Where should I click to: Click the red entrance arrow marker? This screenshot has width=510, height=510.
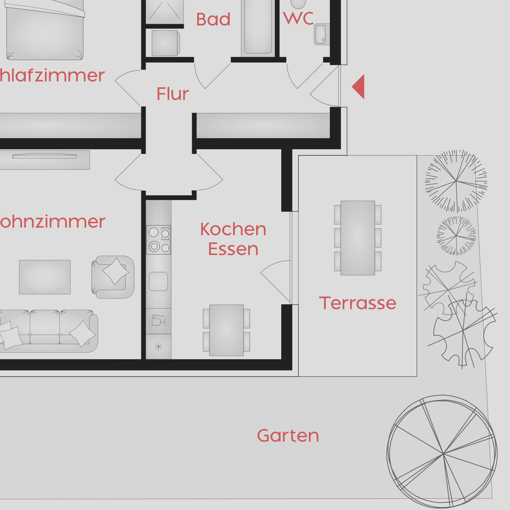(359, 87)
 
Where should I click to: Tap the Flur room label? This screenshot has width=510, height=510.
(173, 94)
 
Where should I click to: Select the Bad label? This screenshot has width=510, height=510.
(213, 19)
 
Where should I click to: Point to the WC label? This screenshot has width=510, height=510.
(299, 18)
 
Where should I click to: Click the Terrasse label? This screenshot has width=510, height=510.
(358, 303)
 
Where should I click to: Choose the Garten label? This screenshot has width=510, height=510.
(288, 436)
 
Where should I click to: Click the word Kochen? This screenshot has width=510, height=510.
(233, 229)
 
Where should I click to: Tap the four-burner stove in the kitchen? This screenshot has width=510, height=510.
(159, 240)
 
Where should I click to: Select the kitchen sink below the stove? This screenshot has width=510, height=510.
(159, 281)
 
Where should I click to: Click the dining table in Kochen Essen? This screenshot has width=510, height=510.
(227, 330)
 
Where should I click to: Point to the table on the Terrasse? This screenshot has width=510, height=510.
(358, 238)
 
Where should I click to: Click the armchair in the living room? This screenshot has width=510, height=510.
(113, 277)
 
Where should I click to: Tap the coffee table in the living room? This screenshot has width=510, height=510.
(45, 277)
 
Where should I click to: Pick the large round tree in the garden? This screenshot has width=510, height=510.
(442, 452)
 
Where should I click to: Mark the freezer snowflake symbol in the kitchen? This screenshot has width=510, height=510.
(159, 347)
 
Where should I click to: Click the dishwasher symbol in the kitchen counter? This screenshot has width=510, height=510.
(158, 321)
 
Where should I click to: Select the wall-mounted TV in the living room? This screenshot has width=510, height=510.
(45, 156)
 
